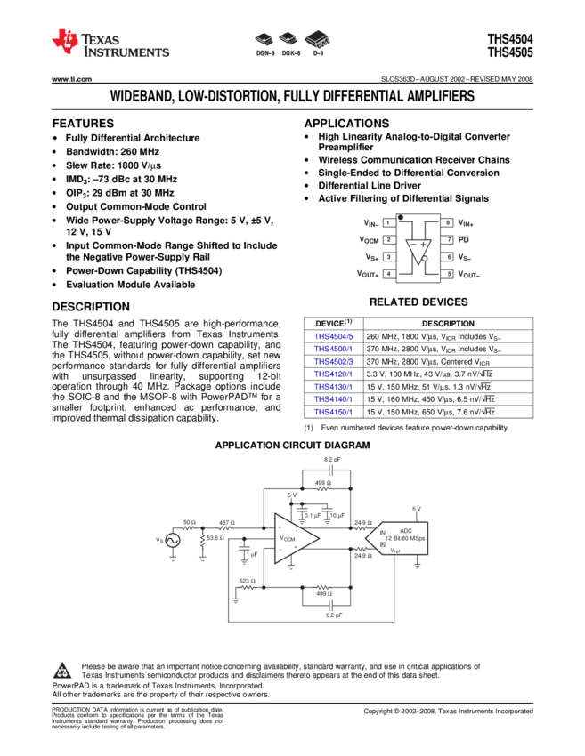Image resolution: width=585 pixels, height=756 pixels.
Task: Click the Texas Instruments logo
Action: [x=109, y=43]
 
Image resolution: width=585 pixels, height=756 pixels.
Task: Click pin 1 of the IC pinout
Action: [x=389, y=222]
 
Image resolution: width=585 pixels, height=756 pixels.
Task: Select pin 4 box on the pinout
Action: [x=389, y=274]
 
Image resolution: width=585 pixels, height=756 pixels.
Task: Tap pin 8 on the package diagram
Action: [x=447, y=222]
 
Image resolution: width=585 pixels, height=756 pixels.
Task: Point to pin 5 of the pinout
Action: [x=447, y=274]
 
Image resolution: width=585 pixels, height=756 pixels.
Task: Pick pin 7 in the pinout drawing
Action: [x=447, y=239]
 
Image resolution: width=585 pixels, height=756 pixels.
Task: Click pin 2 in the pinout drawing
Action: [x=389, y=239]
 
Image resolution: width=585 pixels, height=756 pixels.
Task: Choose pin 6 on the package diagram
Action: [x=447, y=257]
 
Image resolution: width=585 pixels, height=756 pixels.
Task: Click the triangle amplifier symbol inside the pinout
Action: [x=418, y=250]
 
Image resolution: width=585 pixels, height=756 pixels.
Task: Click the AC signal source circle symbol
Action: [x=172, y=540]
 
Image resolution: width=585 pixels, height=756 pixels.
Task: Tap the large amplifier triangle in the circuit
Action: [x=295, y=538]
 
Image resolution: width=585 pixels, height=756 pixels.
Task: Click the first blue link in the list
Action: [x=334, y=337]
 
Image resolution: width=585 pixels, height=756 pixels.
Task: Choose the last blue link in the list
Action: [x=334, y=413]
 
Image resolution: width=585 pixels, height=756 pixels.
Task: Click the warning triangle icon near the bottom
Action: [x=61, y=672]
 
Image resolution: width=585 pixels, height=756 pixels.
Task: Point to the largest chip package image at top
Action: [x=317, y=39]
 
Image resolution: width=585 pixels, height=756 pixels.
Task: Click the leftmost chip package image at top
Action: [x=264, y=39]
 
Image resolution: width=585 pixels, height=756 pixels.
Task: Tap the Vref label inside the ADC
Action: [x=396, y=551]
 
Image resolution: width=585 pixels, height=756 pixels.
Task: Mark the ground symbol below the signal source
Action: [x=172, y=559]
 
